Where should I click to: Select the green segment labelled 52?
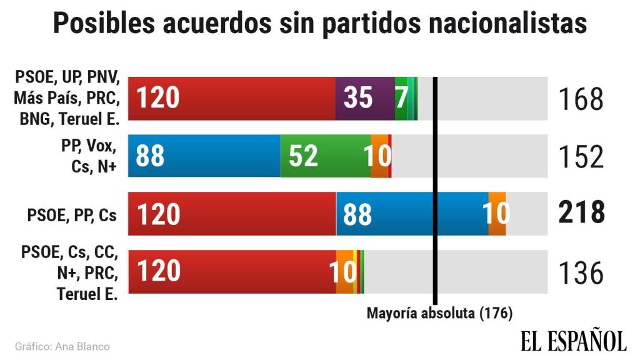(325, 156)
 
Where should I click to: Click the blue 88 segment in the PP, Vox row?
(204, 156)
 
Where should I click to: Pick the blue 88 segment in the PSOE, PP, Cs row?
(412, 214)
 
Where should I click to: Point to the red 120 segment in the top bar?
(231, 98)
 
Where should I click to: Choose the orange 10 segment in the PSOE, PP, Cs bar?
(497, 214)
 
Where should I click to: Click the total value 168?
(580, 99)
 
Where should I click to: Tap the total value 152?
(580, 157)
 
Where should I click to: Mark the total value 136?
(580, 272)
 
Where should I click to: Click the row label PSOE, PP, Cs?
(72, 214)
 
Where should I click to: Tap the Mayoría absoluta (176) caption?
(439, 312)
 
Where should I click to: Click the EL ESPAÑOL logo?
(573, 341)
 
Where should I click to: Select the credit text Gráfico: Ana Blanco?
(62, 346)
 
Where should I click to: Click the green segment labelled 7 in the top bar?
(401, 98)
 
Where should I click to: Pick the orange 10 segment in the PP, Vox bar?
(379, 156)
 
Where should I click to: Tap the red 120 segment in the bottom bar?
(231, 272)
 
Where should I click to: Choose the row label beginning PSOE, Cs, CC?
(69, 272)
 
